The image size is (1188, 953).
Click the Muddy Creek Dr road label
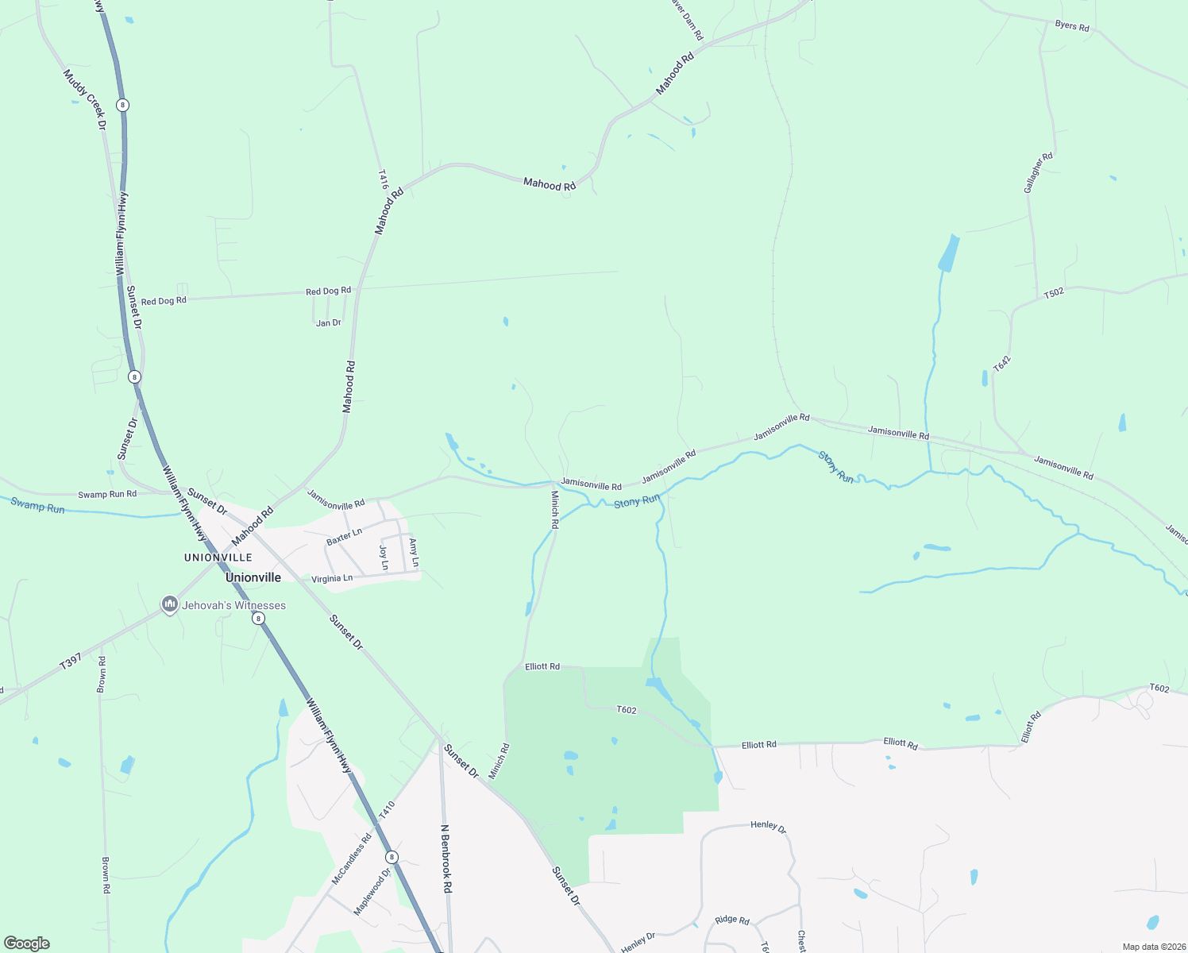[84, 98]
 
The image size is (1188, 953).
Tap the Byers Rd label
[1072, 26]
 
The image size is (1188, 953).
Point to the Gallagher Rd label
[1038, 172]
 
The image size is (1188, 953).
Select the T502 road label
[1053, 293]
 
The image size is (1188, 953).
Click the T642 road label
[1002, 364]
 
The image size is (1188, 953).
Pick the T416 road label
[383, 179]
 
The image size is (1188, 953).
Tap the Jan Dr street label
[328, 323]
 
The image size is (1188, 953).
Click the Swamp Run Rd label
[107, 494]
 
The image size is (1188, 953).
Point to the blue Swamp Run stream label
[37, 505]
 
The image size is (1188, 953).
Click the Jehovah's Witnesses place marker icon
[169, 605]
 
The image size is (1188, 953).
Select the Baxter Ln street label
[344, 536]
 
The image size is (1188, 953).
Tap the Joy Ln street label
[384, 557]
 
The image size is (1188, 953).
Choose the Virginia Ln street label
[332, 579]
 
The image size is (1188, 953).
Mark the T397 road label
[71, 662]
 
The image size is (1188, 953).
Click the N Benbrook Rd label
[445, 858]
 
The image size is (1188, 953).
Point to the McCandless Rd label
[351, 859]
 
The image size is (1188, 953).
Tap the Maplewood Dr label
[372, 891]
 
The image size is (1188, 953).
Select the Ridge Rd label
[731, 920]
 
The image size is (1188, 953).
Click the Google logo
[27, 943]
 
